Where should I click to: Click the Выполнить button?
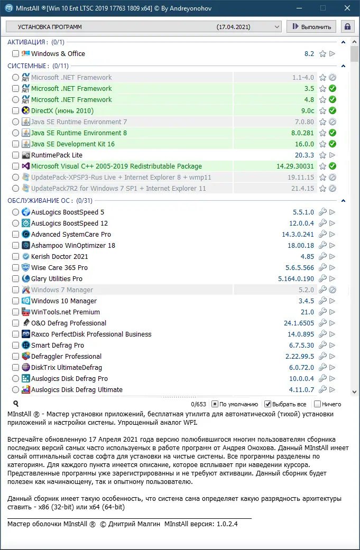(x=311, y=26)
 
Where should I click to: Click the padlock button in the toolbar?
(x=348, y=26)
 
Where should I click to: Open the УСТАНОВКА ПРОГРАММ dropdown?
(x=143, y=26)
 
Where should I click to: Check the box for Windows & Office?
(x=15, y=54)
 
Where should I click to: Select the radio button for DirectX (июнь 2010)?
(x=15, y=111)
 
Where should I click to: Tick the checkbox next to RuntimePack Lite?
(x=15, y=155)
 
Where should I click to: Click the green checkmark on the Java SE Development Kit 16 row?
(x=333, y=144)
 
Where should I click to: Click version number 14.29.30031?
(x=295, y=166)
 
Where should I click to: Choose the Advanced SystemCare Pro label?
(x=71, y=235)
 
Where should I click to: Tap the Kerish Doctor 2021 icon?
(x=26, y=257)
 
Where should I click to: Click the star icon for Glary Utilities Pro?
(x=322, y=279)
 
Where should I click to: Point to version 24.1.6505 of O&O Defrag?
(x=299, y=323)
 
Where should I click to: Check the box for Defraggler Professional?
(x=15, y=357)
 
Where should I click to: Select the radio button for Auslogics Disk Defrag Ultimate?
(x=15, y=390)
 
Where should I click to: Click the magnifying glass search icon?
(x=16, y=404)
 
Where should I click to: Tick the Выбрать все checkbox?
(x=268, y=404)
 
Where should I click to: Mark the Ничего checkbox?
(x=317, y=404)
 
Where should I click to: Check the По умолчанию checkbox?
(x=215, y=404)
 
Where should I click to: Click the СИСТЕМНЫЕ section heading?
(x=27, y=66)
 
